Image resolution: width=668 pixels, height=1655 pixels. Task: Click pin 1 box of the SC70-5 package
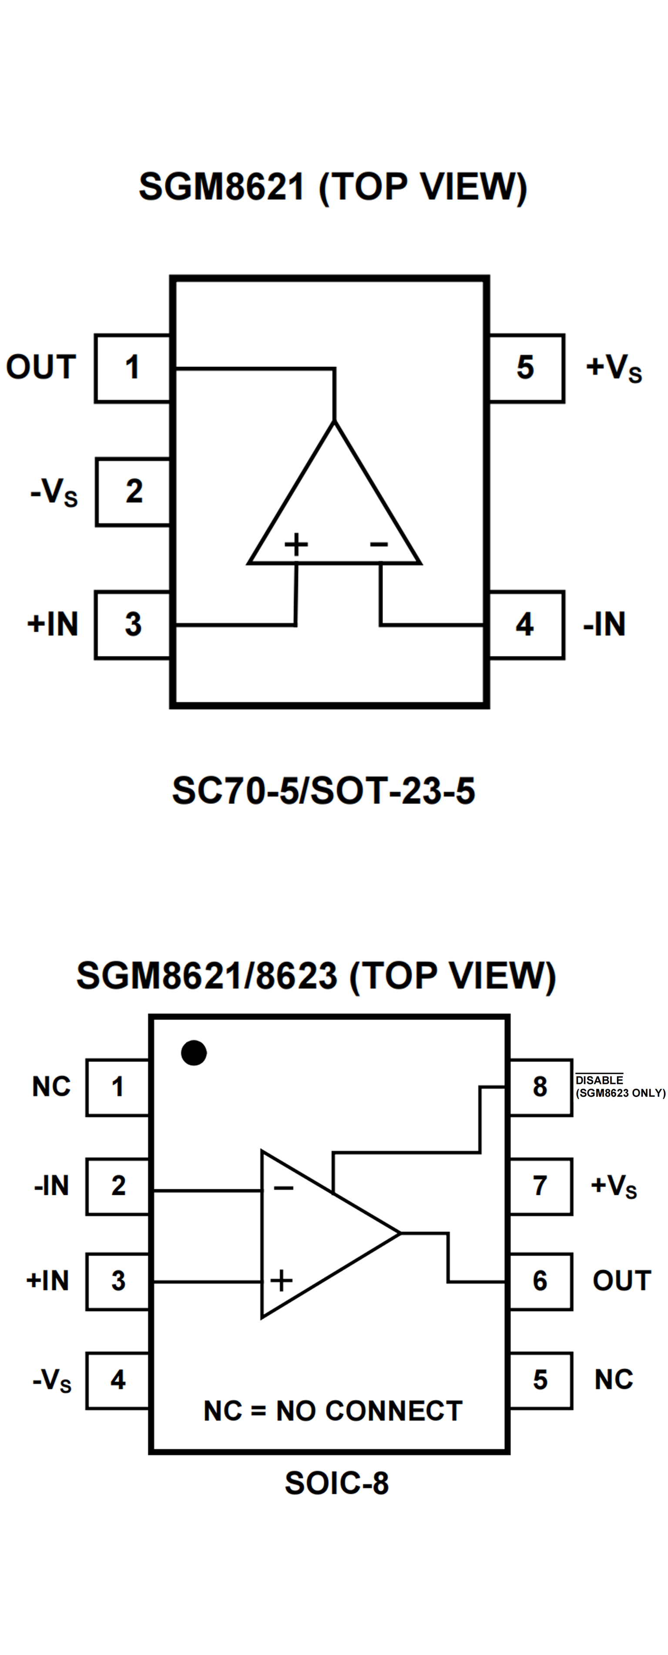(132, 368)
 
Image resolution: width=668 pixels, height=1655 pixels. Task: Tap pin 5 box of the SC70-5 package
(526, 368)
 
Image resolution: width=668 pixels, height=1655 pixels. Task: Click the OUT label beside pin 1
(41, 367)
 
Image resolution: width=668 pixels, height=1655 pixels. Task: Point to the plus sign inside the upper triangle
(296, 544)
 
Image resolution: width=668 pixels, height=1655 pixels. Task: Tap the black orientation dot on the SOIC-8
(194, 1053)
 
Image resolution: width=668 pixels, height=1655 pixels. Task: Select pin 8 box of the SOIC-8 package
(540, 1087)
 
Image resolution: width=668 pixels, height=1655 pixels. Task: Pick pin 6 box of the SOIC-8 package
(540, 1281)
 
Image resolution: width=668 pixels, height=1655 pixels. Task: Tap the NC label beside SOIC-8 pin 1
(51, 1087)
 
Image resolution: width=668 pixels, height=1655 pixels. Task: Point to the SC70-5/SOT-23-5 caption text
(324, 791)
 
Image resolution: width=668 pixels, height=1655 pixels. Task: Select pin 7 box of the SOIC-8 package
(540, 1186)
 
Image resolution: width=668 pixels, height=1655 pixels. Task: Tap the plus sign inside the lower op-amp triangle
(281, 1281)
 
